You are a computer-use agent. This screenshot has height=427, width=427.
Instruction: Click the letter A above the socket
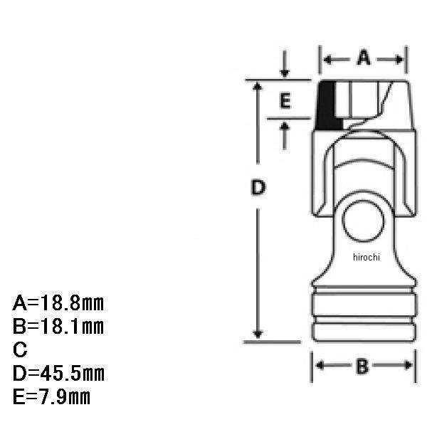364,58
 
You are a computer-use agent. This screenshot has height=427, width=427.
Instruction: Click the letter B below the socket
362,367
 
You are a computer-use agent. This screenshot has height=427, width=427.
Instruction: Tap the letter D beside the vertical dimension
258,187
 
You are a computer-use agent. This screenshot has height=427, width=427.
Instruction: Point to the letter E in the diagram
285,100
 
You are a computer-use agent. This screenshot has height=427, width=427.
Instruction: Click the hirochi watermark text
367,257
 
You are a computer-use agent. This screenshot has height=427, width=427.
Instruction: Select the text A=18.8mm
58,303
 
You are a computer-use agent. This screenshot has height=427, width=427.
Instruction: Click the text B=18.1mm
58,326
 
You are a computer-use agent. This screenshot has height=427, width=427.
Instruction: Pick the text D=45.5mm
58,374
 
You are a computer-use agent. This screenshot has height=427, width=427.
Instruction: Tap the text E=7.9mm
51,397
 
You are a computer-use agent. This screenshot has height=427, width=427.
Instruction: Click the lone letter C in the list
20,349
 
